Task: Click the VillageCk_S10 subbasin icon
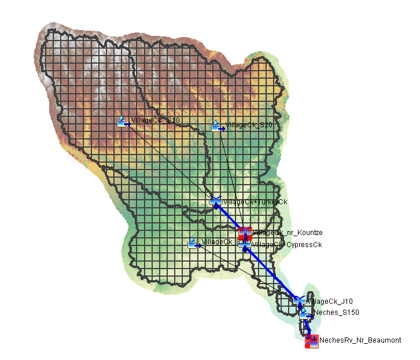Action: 122,121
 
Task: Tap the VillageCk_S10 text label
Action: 156,120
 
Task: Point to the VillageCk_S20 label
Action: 249,124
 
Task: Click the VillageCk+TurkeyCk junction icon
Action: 216,201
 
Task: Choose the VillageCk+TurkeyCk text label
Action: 255,201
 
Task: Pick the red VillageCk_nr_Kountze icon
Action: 245,233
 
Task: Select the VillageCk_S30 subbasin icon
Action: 193,243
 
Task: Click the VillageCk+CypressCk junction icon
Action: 245,245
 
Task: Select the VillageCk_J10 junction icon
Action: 299,300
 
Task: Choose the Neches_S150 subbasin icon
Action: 304,313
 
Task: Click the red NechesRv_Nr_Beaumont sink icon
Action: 312,341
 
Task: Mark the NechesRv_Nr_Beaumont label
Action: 360,340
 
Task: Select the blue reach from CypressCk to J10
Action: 272,273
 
